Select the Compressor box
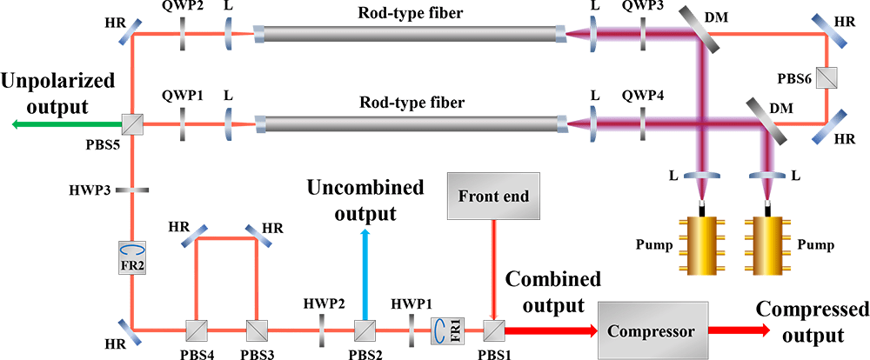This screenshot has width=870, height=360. tap(651, 330)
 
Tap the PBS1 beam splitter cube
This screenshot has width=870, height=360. tap(493, 330)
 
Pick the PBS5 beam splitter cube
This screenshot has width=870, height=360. tap(133, 125)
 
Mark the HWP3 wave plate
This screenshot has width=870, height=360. tap(133, 190)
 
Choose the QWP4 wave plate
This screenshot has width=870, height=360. tap(643, 125)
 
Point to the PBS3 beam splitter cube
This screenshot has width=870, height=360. tap(255, 330)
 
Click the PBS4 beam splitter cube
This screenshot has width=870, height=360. tap(196, 330)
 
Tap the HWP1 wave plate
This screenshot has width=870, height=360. tap(410, 330)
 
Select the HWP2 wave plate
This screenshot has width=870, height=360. tap(323, 330)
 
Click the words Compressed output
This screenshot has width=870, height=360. tap(812, 323)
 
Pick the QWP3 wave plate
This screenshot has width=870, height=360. tap(643, 36)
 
